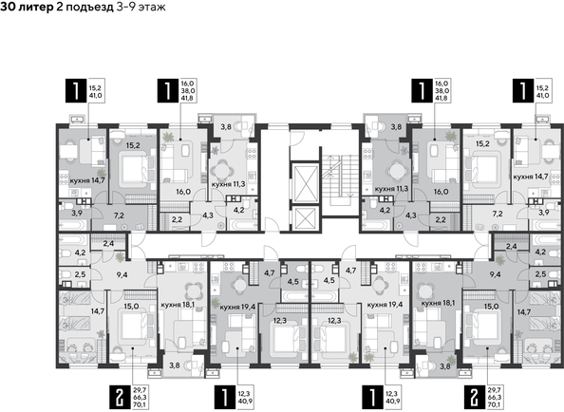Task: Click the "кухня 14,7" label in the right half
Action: pyautogui.click(x=529, y=177)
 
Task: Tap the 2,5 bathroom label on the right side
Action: pyautogui.click(x=539, y=274)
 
